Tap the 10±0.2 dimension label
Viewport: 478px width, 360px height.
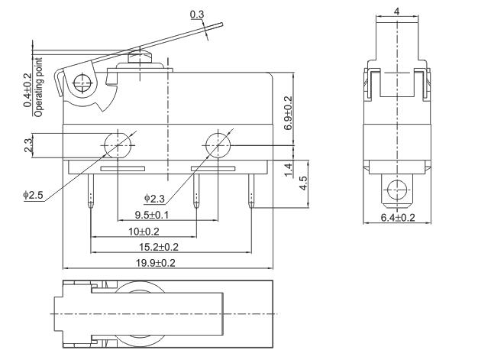(143, 231)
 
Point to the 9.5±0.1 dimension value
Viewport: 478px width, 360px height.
(152, 215)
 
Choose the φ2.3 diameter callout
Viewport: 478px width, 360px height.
(154, 199)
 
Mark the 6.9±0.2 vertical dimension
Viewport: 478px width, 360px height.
(288, 112)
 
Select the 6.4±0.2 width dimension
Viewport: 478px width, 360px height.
(398, 218)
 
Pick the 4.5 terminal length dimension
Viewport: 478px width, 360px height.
(302, 183)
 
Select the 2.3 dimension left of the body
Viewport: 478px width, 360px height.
(28, 144)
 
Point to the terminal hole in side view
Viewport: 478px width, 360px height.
(397, 188)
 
